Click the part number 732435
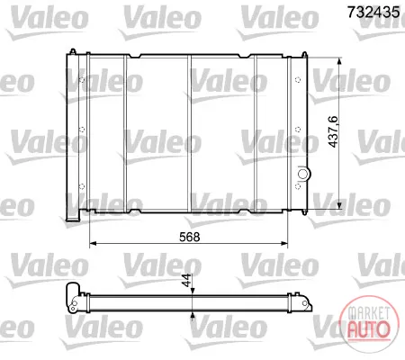pos(373,13)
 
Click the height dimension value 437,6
pos(333,131)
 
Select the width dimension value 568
pos(189,237)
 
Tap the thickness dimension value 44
pos(186,280)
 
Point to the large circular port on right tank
pos(302,174)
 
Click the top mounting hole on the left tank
pos(82,80)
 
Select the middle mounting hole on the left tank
pos(82,130)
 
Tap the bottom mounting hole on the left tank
pos(82,186)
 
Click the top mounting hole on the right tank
pos(298,80)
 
